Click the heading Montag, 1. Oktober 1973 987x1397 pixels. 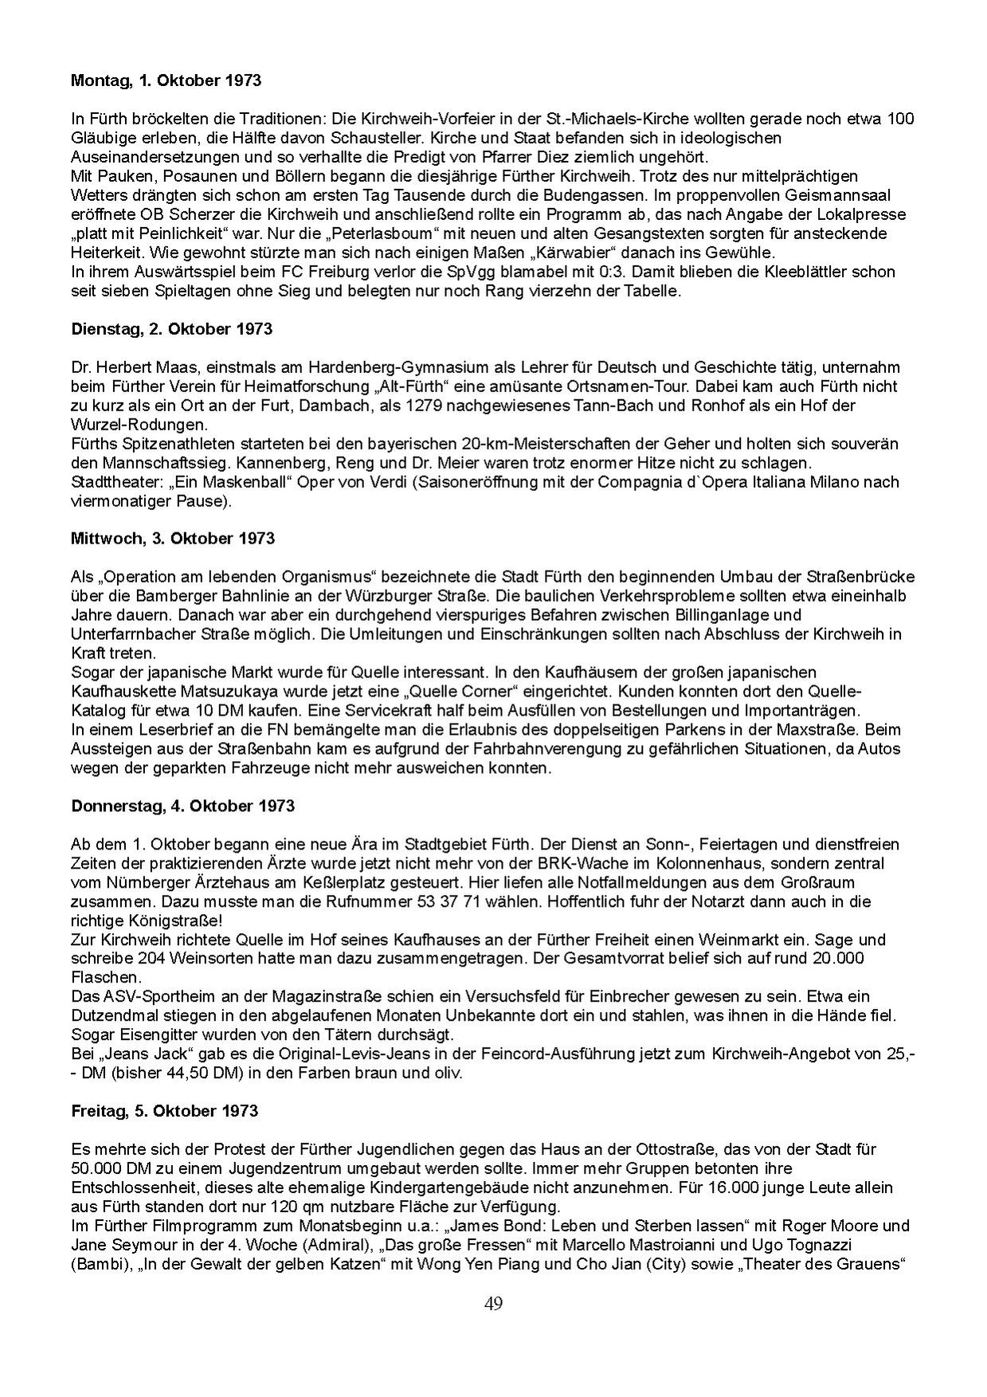[x=166, y=80]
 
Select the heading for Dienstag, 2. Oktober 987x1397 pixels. [x=171, y=329]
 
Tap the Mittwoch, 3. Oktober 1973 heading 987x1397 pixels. [x=173, y=538]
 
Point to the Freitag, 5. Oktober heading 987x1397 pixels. [x=164, y=1110]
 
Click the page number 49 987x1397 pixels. [x=493, y=1303]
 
